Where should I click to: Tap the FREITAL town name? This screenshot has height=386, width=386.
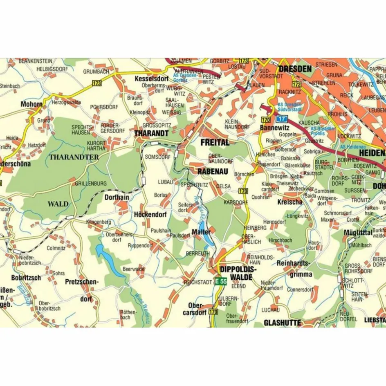[x=215, y=143]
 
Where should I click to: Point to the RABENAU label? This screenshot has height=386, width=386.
[x=212, y=171]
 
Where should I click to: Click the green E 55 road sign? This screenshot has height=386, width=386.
[x=220, y=281]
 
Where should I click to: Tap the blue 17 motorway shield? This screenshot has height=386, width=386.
[x=281, y=119]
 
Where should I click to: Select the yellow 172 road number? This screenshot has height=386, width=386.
[x=296, y=85]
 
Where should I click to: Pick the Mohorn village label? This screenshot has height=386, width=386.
[x=31, y=104]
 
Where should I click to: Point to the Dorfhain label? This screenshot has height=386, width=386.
[x=117, y=197]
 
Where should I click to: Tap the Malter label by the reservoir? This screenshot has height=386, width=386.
[x=201, y=232]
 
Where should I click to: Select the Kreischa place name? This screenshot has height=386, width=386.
[x=289, y=202]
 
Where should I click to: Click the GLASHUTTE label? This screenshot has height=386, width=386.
[x=282, y=323]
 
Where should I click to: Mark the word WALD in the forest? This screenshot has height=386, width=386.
[x=58, y=204]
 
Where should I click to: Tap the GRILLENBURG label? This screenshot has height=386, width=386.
[x=90, y=184]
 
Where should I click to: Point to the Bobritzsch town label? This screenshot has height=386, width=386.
[x=26, y=278]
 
